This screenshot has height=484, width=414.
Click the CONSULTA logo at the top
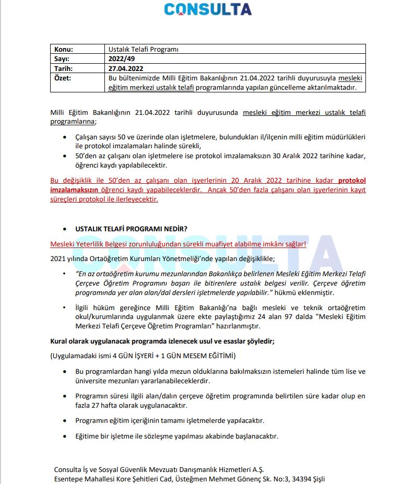[207, 9]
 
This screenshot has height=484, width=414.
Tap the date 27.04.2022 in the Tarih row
[126, 68]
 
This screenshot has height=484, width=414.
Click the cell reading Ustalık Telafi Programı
[143, 49]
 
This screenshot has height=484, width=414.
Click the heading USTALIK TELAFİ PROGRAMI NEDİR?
[131, 229]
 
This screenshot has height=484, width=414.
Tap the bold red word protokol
[352, 180]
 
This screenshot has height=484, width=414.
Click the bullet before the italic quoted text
[65, 273]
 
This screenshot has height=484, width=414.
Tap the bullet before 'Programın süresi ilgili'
[65, 396]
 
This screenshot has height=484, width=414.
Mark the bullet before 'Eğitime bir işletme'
[65, 435]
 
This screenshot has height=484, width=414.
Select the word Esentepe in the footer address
[69, 479]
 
